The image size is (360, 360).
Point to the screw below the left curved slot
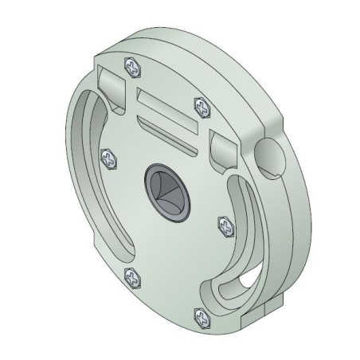[132, 278]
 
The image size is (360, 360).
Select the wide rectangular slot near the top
[165, 108]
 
